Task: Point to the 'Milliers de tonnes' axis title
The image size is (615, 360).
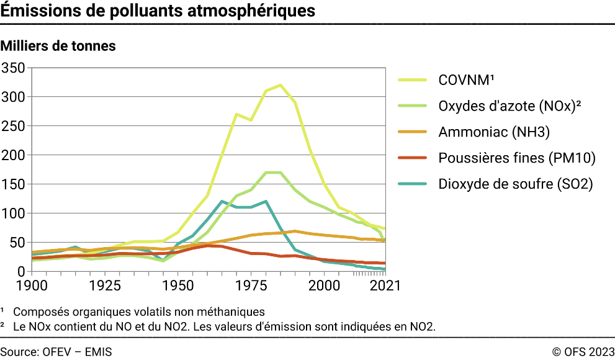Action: click(x=58, y=46)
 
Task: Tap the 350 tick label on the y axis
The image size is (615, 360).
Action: click(x=13, y=68)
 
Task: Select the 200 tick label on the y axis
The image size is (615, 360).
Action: click(x=13, y=155)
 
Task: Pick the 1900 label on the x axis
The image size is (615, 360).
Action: click(x=32, y=286)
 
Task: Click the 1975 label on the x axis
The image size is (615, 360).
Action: click(x=251, y=286)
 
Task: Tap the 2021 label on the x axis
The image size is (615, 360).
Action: click(x=384, y=286)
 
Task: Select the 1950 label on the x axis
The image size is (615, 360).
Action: click(x=178, y=286)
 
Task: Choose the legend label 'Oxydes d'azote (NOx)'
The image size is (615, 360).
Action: click(x=509, y=106)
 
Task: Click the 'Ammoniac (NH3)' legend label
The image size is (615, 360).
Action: click(x=494, y=132)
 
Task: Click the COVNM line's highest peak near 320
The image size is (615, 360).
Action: click(x=281, y=85)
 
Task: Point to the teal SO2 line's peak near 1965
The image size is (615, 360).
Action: click(x=222, y=201)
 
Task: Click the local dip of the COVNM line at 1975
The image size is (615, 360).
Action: click(x=251, y=120)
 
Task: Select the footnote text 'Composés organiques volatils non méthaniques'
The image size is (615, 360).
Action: click(x=138, y=312)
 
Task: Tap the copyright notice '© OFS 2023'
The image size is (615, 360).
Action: click(x=583, y=351)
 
